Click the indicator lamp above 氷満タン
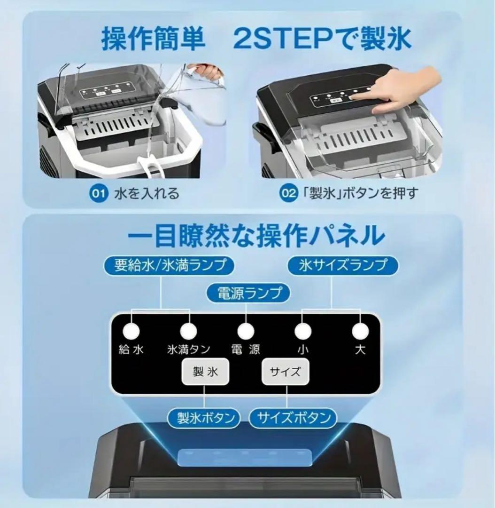tap(188, 331)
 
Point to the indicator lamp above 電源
tap(245, 331)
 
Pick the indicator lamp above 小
tap(302, 331)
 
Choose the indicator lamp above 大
tap(360, 331)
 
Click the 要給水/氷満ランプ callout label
tap(170, 265)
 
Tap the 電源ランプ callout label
tap(248, 293)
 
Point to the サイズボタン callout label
tap(293, 418)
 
